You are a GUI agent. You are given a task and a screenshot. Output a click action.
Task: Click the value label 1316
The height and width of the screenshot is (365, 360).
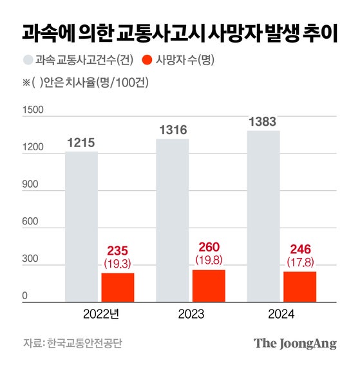(172, 130)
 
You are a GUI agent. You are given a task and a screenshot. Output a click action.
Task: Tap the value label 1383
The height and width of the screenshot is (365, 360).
(263, 121)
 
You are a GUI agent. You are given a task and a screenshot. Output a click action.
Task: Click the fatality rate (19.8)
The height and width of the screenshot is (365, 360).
(209, 259)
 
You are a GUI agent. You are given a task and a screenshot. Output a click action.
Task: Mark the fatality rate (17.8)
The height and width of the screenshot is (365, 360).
(300, 261)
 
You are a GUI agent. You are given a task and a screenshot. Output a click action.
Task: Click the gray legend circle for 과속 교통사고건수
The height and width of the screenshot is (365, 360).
(28, 61)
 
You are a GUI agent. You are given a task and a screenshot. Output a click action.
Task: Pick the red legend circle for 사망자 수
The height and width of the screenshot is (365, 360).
(147, 61)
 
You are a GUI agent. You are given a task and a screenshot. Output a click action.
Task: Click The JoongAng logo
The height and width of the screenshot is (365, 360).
(294, 343)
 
